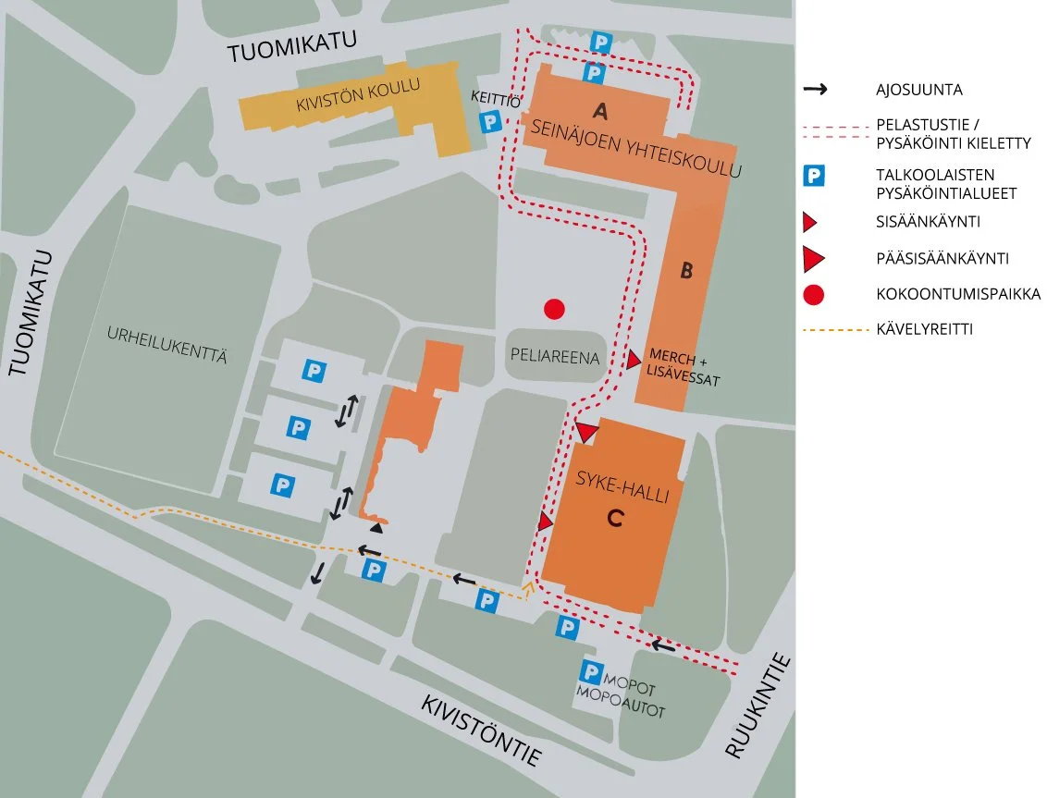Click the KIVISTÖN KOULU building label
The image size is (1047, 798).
click(x=358, y=94)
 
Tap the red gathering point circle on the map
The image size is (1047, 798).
click(x=554, y=309)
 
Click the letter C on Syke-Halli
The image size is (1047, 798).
click(x=614, y=520)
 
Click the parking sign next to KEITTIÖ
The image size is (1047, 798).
click(x=489, y=121)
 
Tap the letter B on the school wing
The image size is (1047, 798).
click(x=687, y=271)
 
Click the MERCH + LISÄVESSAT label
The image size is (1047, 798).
click(x=684, y=366)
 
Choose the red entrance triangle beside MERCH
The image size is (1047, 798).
click(x=634, y=361)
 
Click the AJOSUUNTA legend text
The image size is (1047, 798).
click(x=918, y=90)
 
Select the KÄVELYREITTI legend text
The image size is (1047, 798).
click(x=924, y=328)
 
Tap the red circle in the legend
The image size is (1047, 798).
click(x=814, y=295)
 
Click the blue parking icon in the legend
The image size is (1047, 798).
click(x=814, y=175)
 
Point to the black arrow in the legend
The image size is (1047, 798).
click(x=815, y=90)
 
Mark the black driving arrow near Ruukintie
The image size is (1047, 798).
click(x=662, y=645)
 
